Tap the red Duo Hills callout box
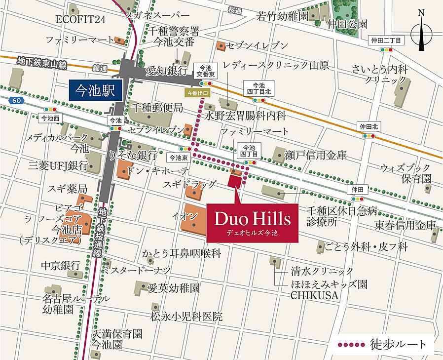(x=252, y=223)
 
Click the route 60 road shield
(x=17, y=101)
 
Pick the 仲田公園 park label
(x=349, y=24)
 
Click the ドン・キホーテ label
(x=157, y=171)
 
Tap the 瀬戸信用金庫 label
(x=316, y=155)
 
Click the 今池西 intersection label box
(x=49, y=119)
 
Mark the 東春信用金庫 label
(x=405, y=225)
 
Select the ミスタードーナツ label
(x=136, y=270)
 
